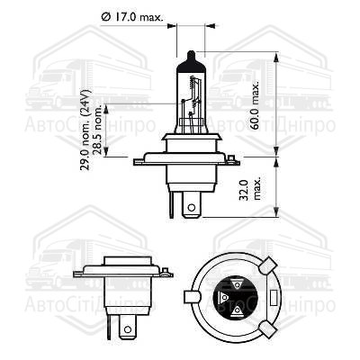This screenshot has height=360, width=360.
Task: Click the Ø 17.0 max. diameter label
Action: pos(132,17)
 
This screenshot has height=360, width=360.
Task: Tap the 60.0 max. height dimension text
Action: pos(255,105)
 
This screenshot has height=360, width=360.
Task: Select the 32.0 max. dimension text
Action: pos(250,190)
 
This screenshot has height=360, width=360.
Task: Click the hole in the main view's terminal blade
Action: pos(192,207)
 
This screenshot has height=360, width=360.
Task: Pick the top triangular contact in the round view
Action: pos(238,283)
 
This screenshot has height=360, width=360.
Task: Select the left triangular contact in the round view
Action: pos(223,297)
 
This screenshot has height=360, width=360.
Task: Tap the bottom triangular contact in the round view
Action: pos(238,311)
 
